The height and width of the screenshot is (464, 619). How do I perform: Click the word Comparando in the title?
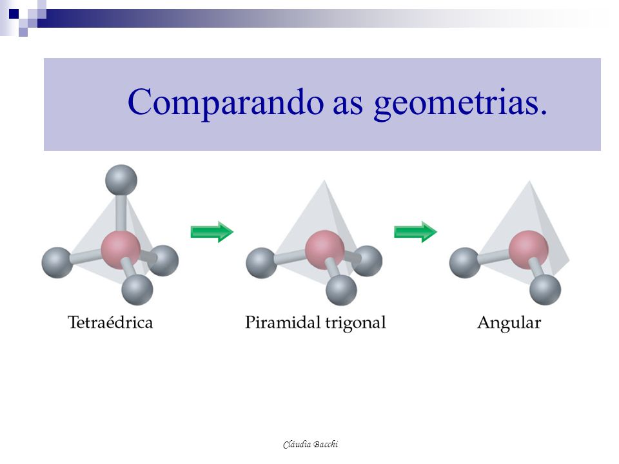coord(226,102)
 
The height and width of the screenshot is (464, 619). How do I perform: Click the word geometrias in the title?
coord(460,104)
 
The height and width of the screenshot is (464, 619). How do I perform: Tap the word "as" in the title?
coord(348,106)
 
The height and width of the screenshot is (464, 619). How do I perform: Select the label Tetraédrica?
coord(110,322)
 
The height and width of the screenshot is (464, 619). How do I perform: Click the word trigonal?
coord(355,323)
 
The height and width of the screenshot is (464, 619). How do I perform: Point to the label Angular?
coord(509,323)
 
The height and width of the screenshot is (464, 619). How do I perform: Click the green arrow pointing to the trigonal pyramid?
coord(212,232)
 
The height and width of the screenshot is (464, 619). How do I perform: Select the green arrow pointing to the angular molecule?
coord(415,232)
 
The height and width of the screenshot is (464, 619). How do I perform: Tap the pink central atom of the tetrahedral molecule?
coord(121,250)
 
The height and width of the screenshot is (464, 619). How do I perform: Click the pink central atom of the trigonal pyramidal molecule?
coord(325,250)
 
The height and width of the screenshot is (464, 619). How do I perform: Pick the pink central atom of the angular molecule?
coord(528,250)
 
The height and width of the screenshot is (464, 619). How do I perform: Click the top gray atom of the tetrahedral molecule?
coord(121,180)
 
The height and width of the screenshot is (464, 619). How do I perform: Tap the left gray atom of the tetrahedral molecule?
coord(57,263)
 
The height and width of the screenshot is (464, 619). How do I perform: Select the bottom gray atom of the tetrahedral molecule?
coord(137,289)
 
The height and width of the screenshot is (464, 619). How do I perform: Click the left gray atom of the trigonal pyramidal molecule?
coord(261,263)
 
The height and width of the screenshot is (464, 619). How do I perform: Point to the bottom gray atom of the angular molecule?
coord(545,289)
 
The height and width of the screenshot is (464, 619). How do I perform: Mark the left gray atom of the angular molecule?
coord(465,263)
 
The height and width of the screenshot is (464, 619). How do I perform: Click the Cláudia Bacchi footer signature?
coord(310,444)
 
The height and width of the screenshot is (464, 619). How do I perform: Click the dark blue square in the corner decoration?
coord(14,14)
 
